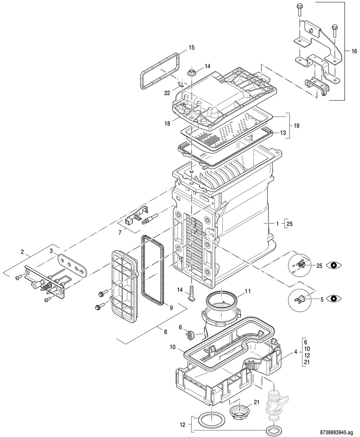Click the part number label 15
click(x=191, y=48)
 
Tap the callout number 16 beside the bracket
click(x=354, y=51)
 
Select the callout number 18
click(x=167, y=124)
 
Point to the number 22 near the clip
click(x=167, y=93)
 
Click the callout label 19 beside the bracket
click(x=296, y=126)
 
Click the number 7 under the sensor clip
click(x=120, y=233)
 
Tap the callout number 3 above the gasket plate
click(x=51, y=251)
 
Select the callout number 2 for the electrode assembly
click(x=22, y=252)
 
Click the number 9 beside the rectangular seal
click(x=171, y=308)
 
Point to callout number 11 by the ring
click(x=247, y=291)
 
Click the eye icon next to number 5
click(x=334, y=299)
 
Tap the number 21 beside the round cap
click(x=256, y=402)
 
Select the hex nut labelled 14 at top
click(x=192, y=73)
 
